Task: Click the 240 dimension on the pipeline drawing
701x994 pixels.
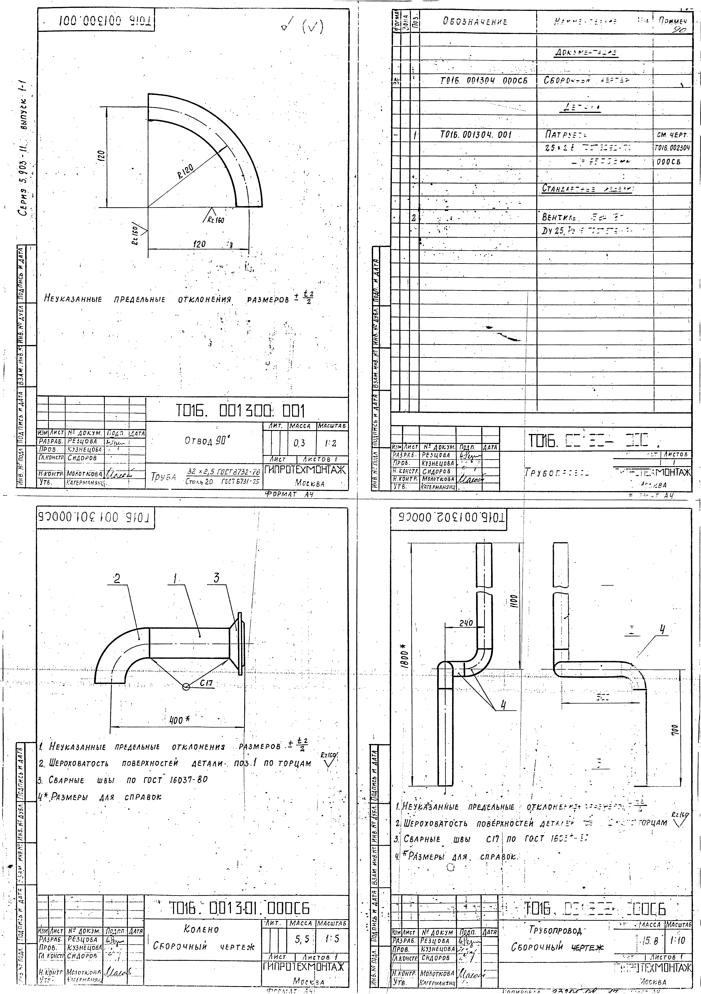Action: pyautogui.click(x=466, y=624)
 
